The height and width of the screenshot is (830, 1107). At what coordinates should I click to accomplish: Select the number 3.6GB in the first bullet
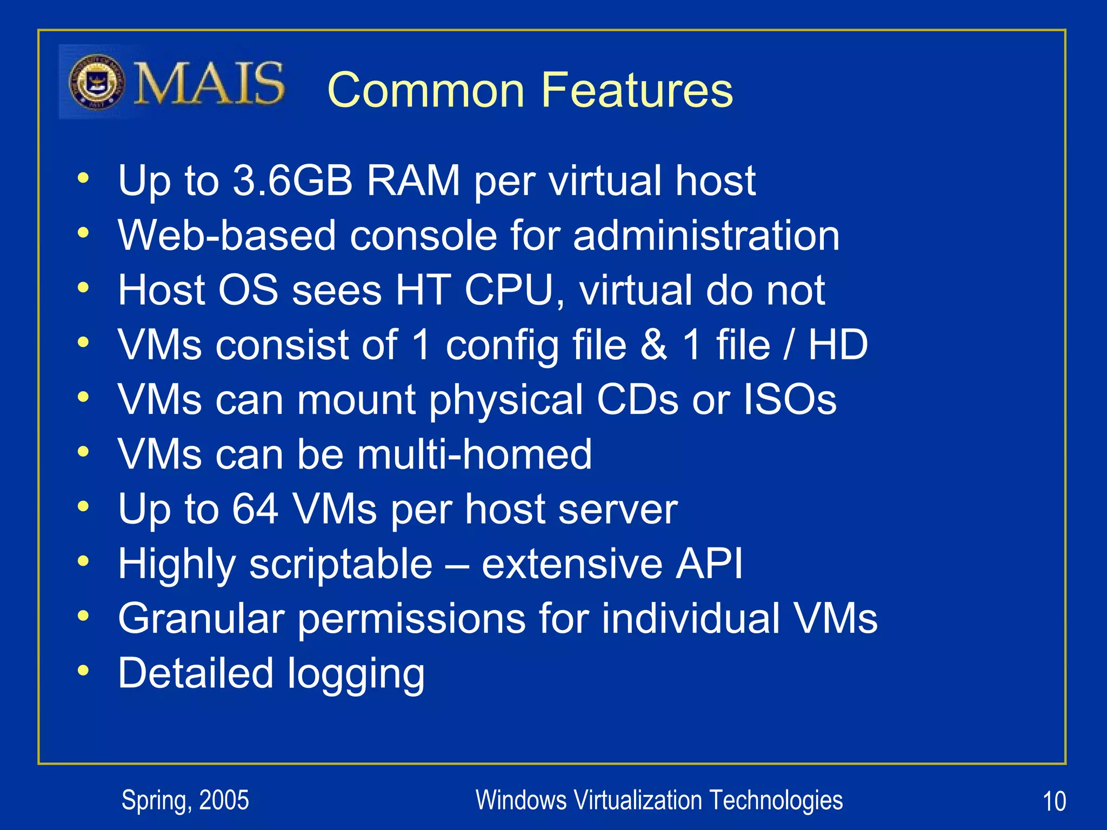[x=292, y=180]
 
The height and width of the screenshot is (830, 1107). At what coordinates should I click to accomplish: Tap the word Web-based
[x=227, y=236]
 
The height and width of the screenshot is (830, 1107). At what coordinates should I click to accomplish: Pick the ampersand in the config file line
[x=653, y=345]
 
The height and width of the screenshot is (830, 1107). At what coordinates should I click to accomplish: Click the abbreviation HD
[x=837, y=345]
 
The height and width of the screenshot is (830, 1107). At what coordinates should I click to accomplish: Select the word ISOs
[x=790, y=400]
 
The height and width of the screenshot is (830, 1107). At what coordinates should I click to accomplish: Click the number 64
[x=255, y=509]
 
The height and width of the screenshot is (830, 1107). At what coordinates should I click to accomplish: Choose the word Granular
[x=201, y=618]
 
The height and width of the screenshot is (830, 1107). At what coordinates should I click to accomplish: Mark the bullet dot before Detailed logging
[x=83, y=671]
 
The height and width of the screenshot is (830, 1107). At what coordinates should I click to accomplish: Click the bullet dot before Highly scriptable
[x=83, y=561]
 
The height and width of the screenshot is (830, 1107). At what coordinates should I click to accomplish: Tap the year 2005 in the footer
[x=224, y=800]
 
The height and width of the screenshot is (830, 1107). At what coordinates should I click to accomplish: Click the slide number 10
[x=1053, y=801]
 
